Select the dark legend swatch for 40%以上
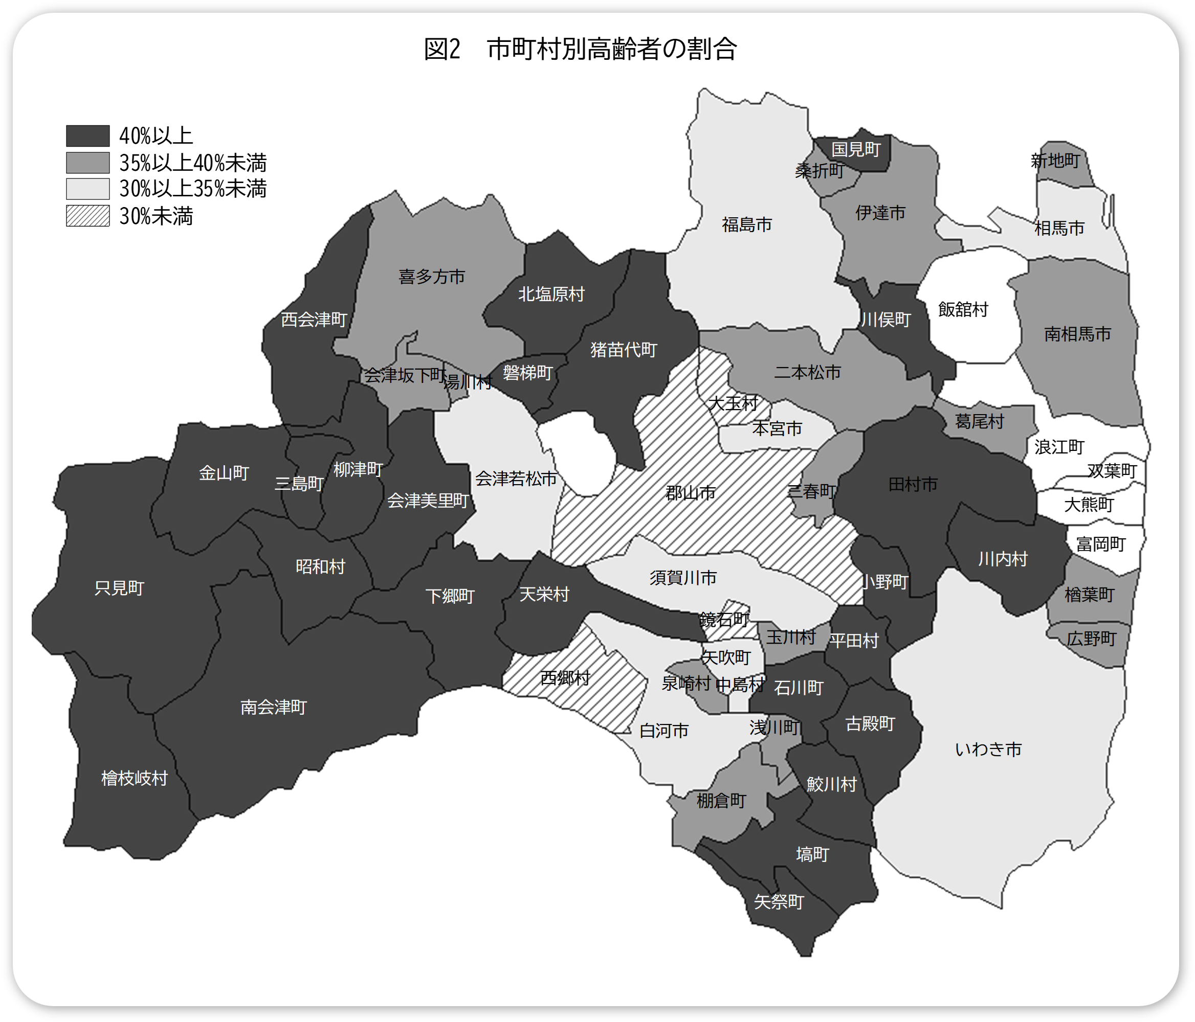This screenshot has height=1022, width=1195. (x=87, y=136)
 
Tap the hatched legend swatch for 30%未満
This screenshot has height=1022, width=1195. (x=87, y=216)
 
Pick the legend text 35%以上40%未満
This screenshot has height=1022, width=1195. (x=193, y=163)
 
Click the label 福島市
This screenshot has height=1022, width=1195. (x=747, y=224)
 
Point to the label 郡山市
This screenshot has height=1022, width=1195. (x=691, y=493)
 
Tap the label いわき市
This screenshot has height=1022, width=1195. (x=988, y=750)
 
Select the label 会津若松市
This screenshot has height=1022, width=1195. (x=516, y=479)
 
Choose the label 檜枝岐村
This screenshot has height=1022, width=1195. (x=135, y=778)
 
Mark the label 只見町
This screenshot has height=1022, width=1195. (x=119, y=588)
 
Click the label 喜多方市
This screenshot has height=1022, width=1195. (x=431, y=277)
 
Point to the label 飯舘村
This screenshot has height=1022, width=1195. (x=963, y=309)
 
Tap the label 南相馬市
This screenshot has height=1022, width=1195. (x=1077, y=334)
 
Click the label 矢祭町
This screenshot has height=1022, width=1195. (x=779, y=901)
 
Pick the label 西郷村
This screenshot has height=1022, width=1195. (x=565, y=678)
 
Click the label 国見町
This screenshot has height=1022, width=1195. (x=856, y=149)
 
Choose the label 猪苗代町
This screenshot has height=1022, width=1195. (x=624, y=349)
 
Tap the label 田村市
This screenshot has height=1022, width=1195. (x=913, y=484)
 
